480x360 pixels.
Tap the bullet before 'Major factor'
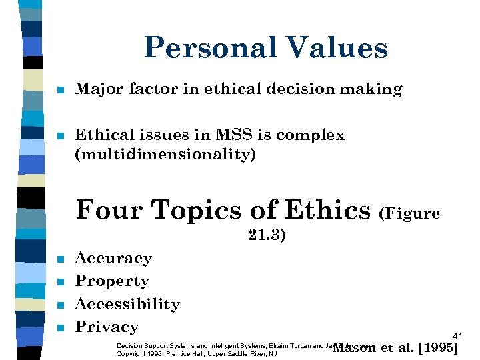(x=60, y=90)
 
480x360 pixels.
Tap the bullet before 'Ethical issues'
(x=60, y=136)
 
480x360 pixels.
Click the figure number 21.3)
(x=267, y=235)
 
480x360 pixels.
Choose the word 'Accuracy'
(x=113, y=259)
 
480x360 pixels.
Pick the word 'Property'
(x=112, y=281)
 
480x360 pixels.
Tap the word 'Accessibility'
(x=127, y=304)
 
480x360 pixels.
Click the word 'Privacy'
(x=107, y=327)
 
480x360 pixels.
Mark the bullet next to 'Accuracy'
(x=60, y=259)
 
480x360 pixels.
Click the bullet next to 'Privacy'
(x=60, y=327)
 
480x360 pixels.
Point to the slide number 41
(x=457, y=336)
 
